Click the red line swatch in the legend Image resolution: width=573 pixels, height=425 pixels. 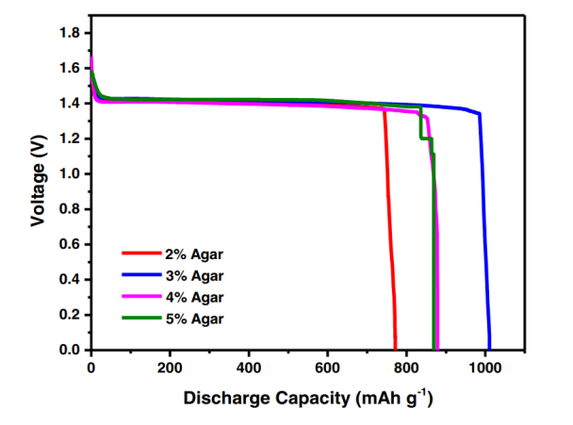click(x=139, y=253)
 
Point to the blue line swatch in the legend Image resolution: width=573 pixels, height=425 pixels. click(x=139, y=275)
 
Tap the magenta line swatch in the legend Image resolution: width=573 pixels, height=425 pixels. click(x=139, y=297)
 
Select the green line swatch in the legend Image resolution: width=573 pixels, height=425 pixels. click(x=139, y=319)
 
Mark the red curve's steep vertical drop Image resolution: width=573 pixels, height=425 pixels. click(x=390, y=236)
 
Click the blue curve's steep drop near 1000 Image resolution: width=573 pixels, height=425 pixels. click(x=485, y=236)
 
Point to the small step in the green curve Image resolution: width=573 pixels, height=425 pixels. click(x=426, y=139)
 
